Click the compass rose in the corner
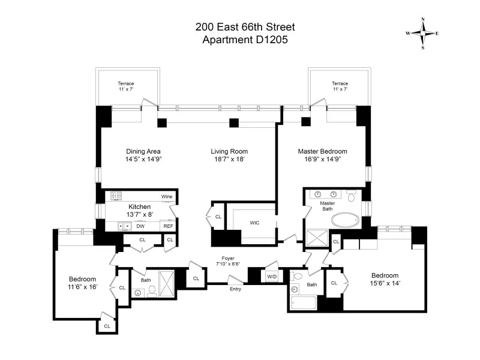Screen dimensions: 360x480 click(x=423, y=33)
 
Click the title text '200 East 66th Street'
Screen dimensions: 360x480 click(x=245, y=27)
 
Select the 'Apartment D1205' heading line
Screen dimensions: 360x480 click(x=245, y=40)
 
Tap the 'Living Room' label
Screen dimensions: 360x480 click(x=229, y=151)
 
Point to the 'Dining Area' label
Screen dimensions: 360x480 click(x=143, y=151)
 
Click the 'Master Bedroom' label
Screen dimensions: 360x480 click(x=323, y=151)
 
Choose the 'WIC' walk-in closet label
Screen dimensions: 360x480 click(x=254, y=223)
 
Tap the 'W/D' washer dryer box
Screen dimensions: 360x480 click(x=272, y=277)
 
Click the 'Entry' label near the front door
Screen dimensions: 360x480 click(x=235, y=289)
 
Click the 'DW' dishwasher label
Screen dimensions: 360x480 click(x=140, y=226)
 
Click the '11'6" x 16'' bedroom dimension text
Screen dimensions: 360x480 click(x=83, y=287)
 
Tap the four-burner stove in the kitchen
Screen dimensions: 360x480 click(x=116, y=196)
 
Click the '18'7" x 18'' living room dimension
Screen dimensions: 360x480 click(x=229, y=160)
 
